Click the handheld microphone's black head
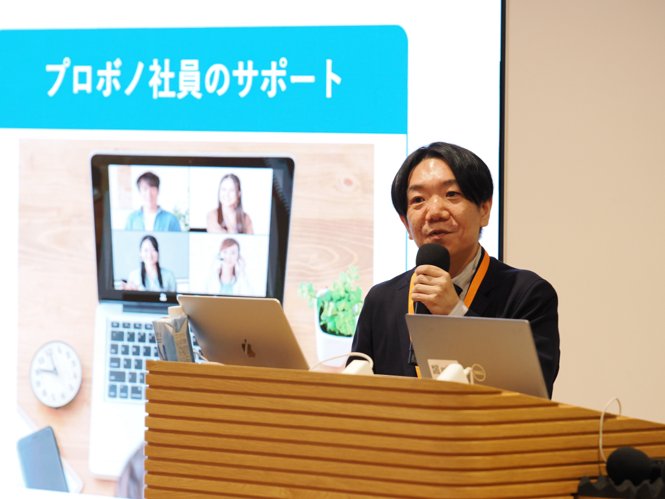433,257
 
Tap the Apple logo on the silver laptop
249,348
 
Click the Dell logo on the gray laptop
479,373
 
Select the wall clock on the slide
56,374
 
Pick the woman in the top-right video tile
229,204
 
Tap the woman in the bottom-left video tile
150,264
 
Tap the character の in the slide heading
217,80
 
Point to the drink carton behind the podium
174,335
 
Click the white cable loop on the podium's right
607,429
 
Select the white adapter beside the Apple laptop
358,366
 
